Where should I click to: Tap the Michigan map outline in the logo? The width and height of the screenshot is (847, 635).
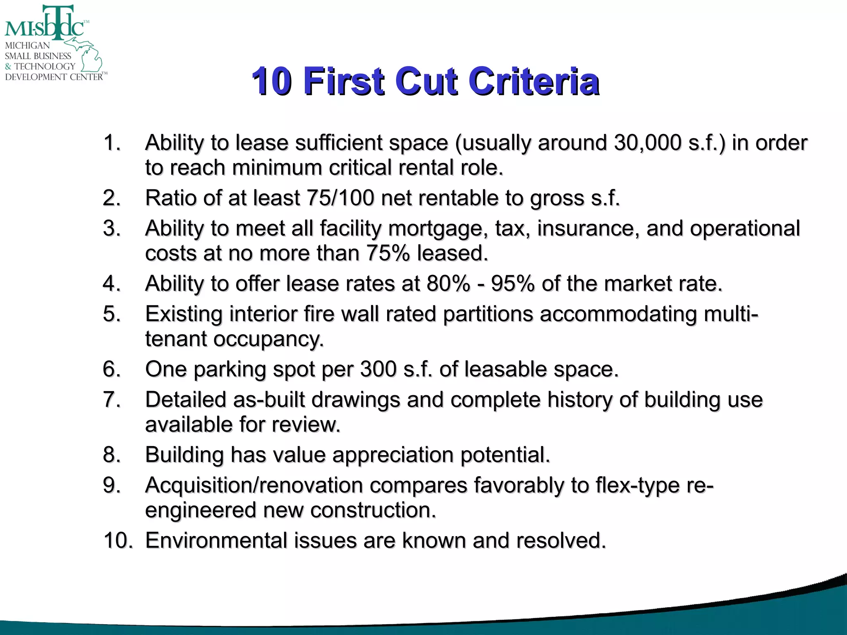point(89,56)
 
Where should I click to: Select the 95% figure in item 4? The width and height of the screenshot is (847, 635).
point(513,284)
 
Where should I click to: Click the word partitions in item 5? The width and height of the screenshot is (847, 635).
point(488,314)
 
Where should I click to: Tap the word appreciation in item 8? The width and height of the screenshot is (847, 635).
point(393,455)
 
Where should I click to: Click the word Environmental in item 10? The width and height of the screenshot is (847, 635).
point(216,541)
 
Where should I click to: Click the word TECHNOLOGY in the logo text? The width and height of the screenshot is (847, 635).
point(45,66)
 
